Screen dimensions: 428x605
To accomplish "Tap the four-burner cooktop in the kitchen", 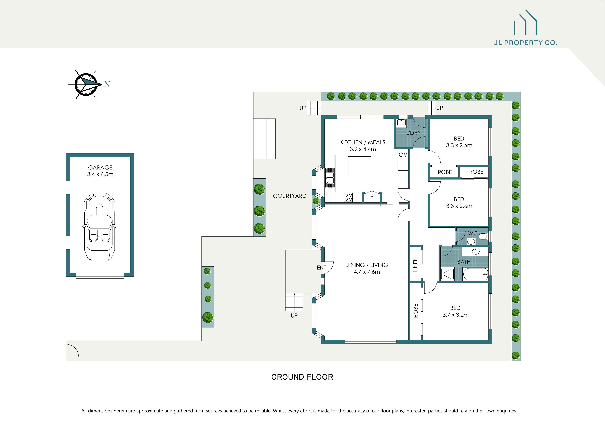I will tap(348, 197).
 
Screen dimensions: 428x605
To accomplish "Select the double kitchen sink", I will tap(330, 178).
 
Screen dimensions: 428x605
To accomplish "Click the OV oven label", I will tap(403, 155).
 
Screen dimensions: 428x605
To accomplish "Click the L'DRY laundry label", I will tap(413, 133).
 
